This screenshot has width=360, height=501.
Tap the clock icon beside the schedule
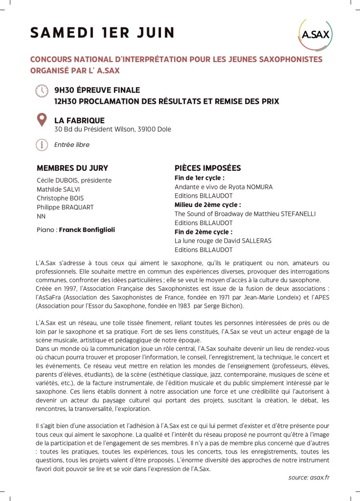click(x=43, y=91)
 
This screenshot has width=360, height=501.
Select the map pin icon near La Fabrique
click(x=42, y=120)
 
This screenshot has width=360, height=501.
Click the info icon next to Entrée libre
click(x=42, y=145)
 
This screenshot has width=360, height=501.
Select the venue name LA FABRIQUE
click(x=79, y=120)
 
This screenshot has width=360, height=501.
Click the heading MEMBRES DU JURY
click(x=72, y=168)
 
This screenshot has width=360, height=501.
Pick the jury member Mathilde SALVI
click(x=58, y=189)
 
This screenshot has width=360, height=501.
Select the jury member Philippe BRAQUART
click(x=65, y=207)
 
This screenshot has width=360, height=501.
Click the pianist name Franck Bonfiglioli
click(x=87, y=229)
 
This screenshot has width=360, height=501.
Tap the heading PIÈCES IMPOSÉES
click(x=208, y=168)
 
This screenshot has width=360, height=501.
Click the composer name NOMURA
click(x=259, y=187)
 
